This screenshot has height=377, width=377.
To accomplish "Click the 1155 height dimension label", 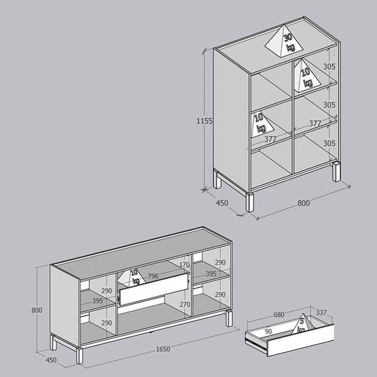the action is (205, 121).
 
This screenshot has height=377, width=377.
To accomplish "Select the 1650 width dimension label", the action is (163, 349).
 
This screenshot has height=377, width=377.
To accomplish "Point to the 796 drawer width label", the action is (153, 276).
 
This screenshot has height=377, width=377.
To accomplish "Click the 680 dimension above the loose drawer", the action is (279, 314).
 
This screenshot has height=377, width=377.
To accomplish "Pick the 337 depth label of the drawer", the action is (321, 312).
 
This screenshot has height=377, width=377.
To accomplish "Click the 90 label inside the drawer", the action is (268, 332).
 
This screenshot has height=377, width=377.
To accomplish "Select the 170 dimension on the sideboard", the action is (184, 264).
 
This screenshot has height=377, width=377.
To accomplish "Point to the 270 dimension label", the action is (185, 304).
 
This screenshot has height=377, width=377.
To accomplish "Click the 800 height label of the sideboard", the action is (37, 310).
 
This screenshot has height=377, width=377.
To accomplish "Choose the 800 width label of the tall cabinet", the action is (303, 203).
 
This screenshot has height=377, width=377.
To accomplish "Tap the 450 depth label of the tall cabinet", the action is (222, 203).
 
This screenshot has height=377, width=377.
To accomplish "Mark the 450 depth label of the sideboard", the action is (51, 360).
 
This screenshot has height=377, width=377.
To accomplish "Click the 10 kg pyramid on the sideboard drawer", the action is (132, 278).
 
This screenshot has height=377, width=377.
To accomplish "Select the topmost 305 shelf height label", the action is (329, 66).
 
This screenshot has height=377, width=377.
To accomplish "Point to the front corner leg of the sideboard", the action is (79, 355).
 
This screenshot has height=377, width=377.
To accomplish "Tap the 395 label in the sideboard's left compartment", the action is (98, 301).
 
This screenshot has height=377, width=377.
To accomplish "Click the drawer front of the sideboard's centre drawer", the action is (154, 289).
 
